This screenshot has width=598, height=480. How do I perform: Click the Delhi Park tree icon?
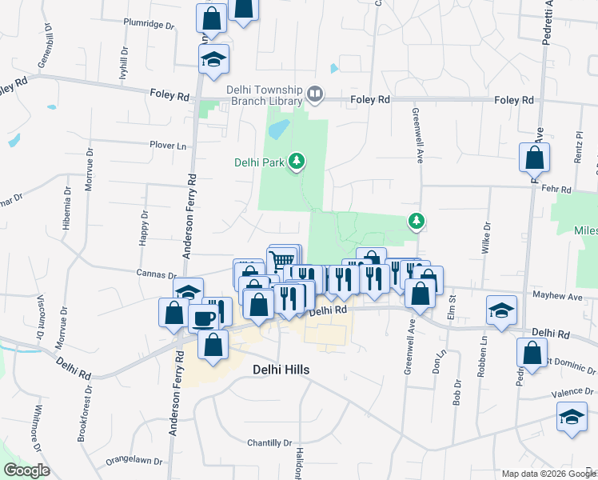click(x=297, y=162)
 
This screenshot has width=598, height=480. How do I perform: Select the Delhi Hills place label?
click(x=281, y=370)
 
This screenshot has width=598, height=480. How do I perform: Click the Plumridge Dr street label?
click(x=149, y=25)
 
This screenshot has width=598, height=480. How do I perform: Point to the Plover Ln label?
click(x=167, y=146)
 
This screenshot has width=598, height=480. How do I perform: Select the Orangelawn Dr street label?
click(x=134, y=462)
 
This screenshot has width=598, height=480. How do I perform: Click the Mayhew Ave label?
click(x=559, y=296)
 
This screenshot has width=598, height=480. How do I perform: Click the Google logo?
click(x=26, y=470)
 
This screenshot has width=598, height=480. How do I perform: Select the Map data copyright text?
click(x=548, y=474)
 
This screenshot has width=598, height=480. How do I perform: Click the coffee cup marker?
click(x=203, y=317)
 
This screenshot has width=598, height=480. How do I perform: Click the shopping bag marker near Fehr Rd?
click(x=534, y=158)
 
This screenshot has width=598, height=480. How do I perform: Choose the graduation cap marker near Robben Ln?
click(x=501, y=310)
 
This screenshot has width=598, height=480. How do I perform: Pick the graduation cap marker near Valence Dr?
click(x=571, y=417)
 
